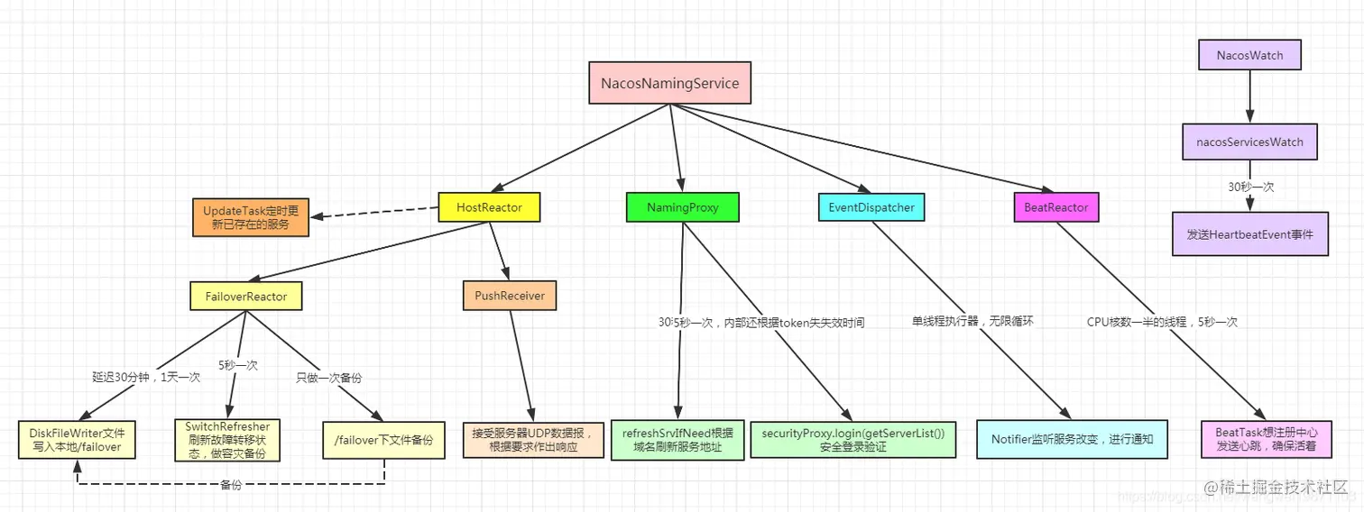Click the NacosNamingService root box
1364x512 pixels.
[x=669, y=84]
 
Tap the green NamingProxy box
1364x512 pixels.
[x=683, y=207]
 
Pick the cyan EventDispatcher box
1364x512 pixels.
[x=871, y=207]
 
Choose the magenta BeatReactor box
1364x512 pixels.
[x=1056, y=207]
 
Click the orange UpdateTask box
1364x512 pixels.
[x=251, y=217]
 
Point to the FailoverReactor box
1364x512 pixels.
[x=245, y=295]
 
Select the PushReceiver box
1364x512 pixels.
[x=510, y=295]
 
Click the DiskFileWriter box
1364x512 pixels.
[x=77, y=440]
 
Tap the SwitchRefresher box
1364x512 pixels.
[x=227, y=440]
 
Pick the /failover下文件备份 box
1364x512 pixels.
[x=384, y=440]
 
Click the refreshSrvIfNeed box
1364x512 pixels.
[x=677, y=440]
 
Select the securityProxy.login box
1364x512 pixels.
[x=852, y=440]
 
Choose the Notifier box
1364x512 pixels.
[x=1073, y=440]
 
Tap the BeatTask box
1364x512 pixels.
[x=1265, y=440]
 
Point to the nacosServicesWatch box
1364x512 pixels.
[x=1249, y=142]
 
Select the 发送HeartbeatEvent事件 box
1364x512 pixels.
[x=1250, y=234]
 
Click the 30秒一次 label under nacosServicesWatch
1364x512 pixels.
[x=1249, y=187]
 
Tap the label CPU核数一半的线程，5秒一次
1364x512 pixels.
[x=1162, y=322]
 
